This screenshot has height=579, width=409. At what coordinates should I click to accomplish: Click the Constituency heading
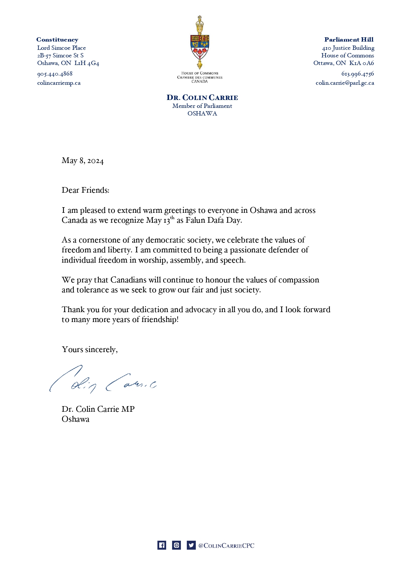click(x=57, y=40)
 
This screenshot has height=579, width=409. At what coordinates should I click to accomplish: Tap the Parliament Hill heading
click(x=349, y=40)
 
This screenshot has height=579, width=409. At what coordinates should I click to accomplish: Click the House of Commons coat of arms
click(x=200, y=42)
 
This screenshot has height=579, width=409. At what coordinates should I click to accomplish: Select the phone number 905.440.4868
click(x=55, y=74)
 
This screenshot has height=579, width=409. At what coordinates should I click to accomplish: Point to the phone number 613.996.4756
click(x=358, y=74)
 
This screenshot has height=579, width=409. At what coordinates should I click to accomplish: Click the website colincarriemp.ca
click(x=59, y=83)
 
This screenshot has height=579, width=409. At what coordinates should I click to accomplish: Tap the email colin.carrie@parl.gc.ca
click(x=345, y=83)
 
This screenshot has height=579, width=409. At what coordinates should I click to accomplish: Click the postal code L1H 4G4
click(x=87, y=63)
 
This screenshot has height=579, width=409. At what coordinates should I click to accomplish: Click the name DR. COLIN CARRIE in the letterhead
click(x=202, y=98)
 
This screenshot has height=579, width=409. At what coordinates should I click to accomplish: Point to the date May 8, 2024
click(x=82, y=161)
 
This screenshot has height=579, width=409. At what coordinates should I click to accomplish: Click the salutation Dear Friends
click(x=85, y=190)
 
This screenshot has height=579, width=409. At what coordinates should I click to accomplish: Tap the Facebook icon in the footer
click(x=161, y=545)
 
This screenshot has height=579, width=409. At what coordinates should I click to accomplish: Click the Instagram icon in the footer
click(x=177, y=545)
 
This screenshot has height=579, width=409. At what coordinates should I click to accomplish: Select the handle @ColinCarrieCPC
click(x=226, y=546)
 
